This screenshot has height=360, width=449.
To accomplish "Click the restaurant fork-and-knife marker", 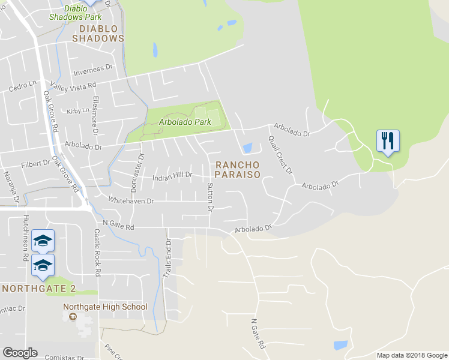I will point(387,142).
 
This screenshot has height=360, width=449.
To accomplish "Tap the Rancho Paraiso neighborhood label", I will point(237,169).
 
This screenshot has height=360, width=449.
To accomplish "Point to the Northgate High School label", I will point(105,307).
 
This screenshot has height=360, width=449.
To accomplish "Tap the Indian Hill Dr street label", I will point(172,176).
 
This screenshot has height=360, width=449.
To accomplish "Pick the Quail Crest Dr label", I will point(280,155).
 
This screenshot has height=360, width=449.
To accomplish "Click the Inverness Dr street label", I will point(93,71).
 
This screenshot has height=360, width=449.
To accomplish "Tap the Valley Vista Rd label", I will point(73,86).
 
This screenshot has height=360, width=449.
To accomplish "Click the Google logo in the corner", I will point(20,353).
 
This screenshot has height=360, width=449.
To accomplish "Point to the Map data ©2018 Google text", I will point(411,355).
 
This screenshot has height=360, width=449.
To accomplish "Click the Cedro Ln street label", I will point(23,88).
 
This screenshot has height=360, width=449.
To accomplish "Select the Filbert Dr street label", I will point(35,163).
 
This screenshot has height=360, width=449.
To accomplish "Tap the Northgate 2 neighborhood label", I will point(39,289).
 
